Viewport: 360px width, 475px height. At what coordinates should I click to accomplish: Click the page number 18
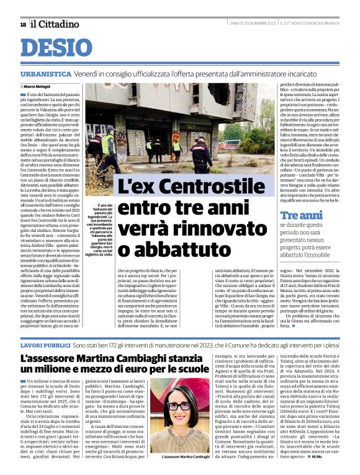click(x=23, y=24)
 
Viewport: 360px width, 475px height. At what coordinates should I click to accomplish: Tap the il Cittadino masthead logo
click(x=55, y=24)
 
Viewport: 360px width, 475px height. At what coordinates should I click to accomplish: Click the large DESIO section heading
click(x=60, y=48)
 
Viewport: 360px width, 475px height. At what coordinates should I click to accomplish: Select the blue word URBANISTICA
click(x=45, y=73)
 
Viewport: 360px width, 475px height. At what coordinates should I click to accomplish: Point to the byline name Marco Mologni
click(x=37, y=86)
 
